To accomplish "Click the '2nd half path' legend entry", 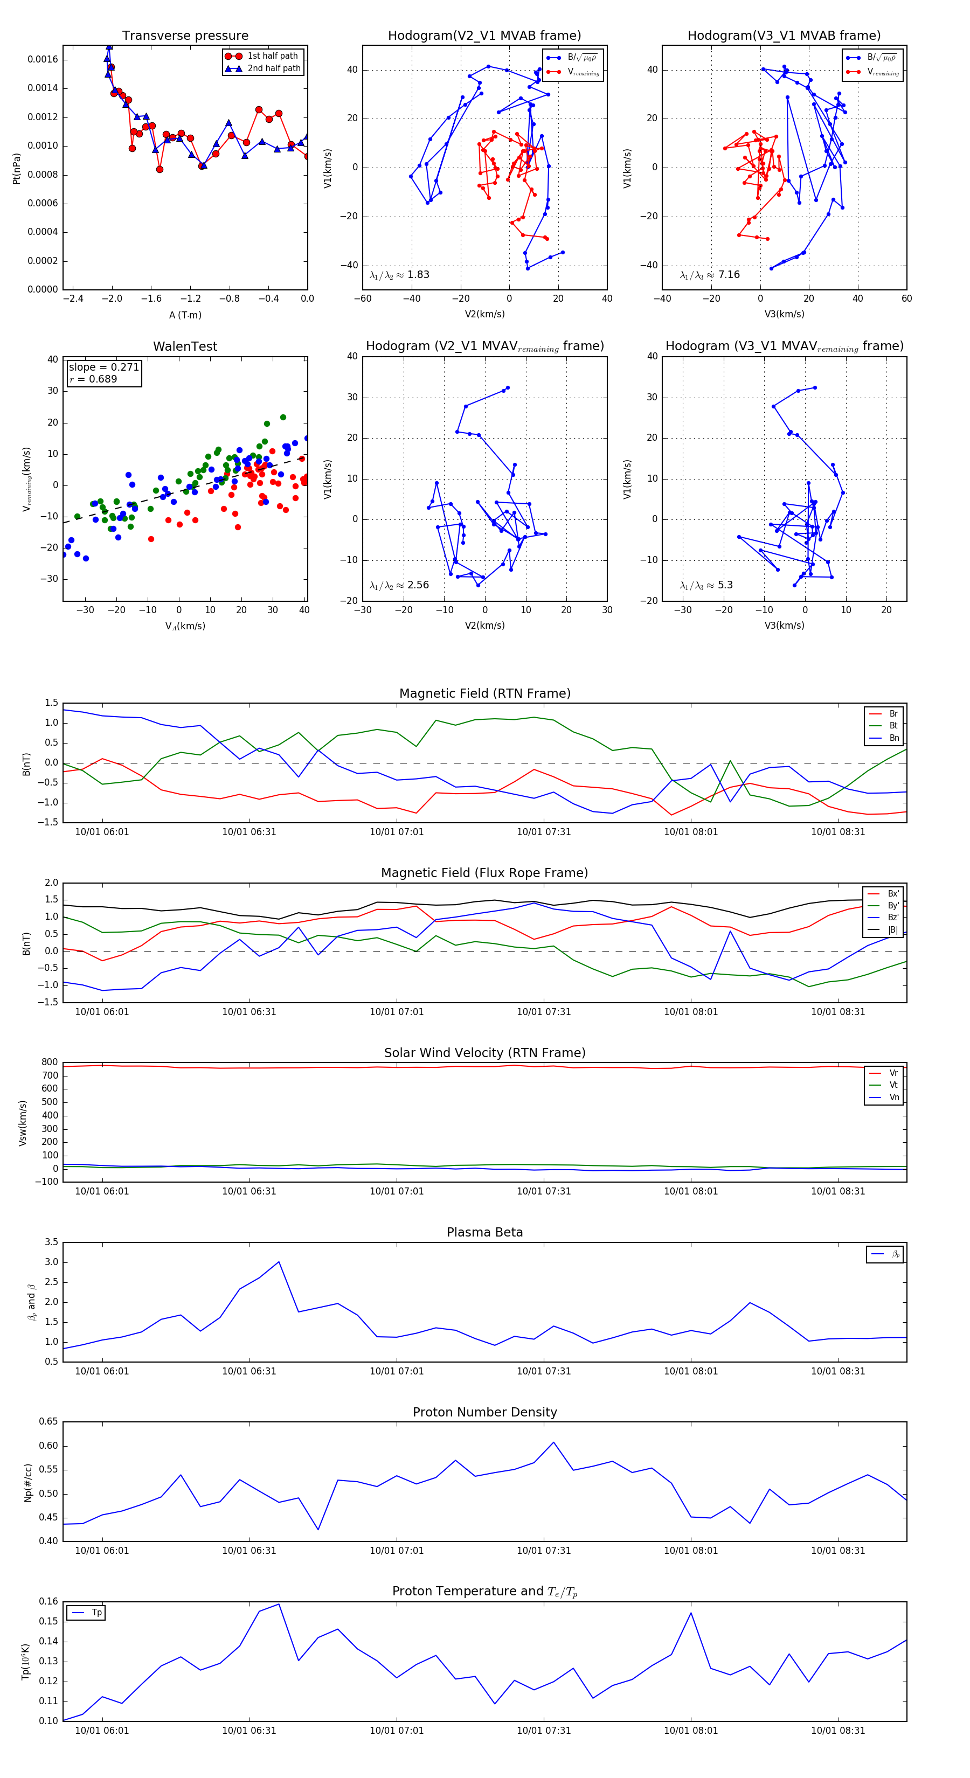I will [273, 68].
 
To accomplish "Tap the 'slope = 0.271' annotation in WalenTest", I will [103, 367].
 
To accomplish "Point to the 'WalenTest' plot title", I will [185, 346].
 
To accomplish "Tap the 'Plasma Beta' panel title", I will [484, 1233].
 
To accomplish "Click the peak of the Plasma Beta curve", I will [279, 1262].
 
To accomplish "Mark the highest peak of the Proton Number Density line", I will [553, 1442].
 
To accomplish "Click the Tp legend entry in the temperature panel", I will [96, 1613].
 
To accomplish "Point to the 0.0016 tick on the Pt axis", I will [43, 59].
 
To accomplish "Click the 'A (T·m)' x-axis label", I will [185, 315].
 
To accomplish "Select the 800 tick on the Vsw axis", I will [50, 1062].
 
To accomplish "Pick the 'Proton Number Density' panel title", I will [484, 1412].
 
